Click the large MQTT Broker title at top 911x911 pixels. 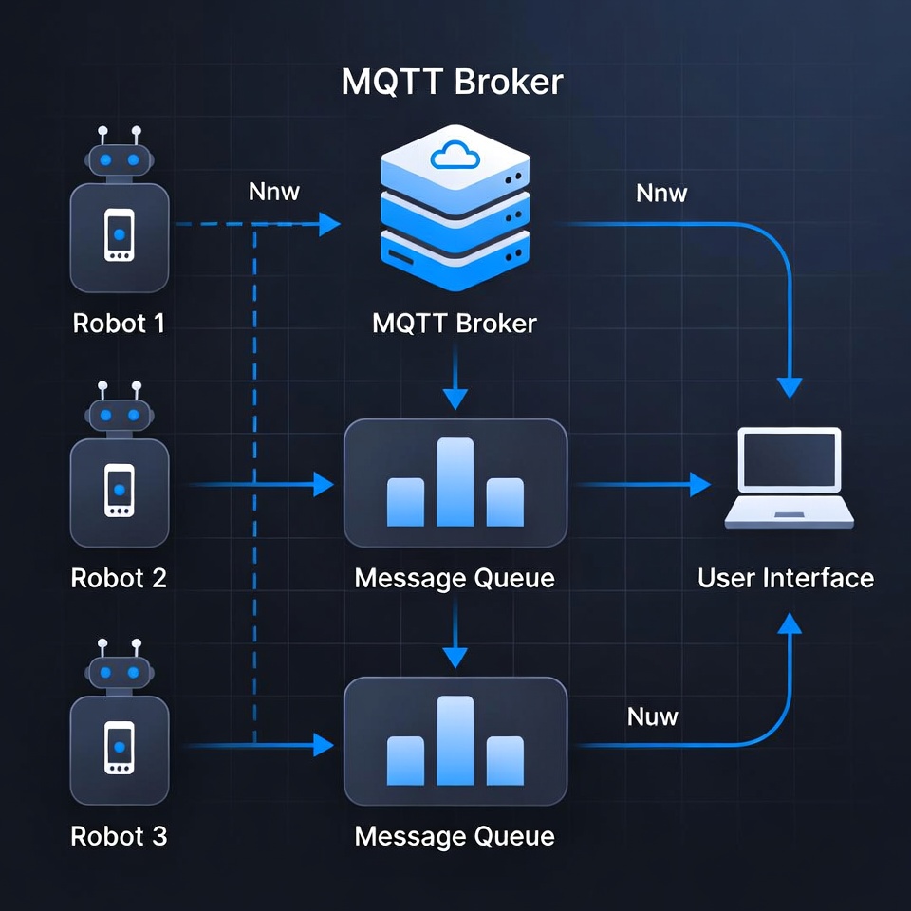(452, 83)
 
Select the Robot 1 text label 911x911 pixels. (119, 324)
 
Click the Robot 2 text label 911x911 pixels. (119, 578)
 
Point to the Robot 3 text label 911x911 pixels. (119, 836)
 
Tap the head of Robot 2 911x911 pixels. (119, 415)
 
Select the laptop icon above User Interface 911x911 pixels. (790, 477)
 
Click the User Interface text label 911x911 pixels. (786, 578)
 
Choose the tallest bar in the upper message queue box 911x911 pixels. (455, 481)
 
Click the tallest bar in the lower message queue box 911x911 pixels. (455, 740)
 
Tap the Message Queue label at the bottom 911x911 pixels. (455, 836)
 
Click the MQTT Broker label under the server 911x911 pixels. (455, 324)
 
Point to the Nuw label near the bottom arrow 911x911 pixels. (653, 716)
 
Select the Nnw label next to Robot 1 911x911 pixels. (274, 192)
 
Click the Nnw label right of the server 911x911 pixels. (661, 194)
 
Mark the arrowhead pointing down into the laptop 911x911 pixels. (790, 388)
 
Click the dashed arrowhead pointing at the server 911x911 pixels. (329, 225)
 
